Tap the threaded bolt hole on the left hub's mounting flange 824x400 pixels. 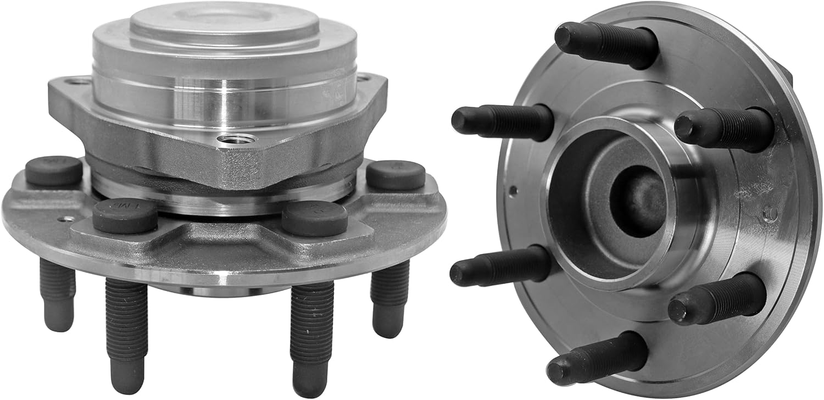[x=236, y=138]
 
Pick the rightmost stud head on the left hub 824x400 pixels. [x=396, y=174]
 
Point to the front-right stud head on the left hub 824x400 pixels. [x=315, y=218]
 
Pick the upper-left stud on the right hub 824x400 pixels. [x=502, y=119]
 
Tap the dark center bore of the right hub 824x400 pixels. [x=637, y=201]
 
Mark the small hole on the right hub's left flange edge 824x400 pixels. [x=513, y=191]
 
